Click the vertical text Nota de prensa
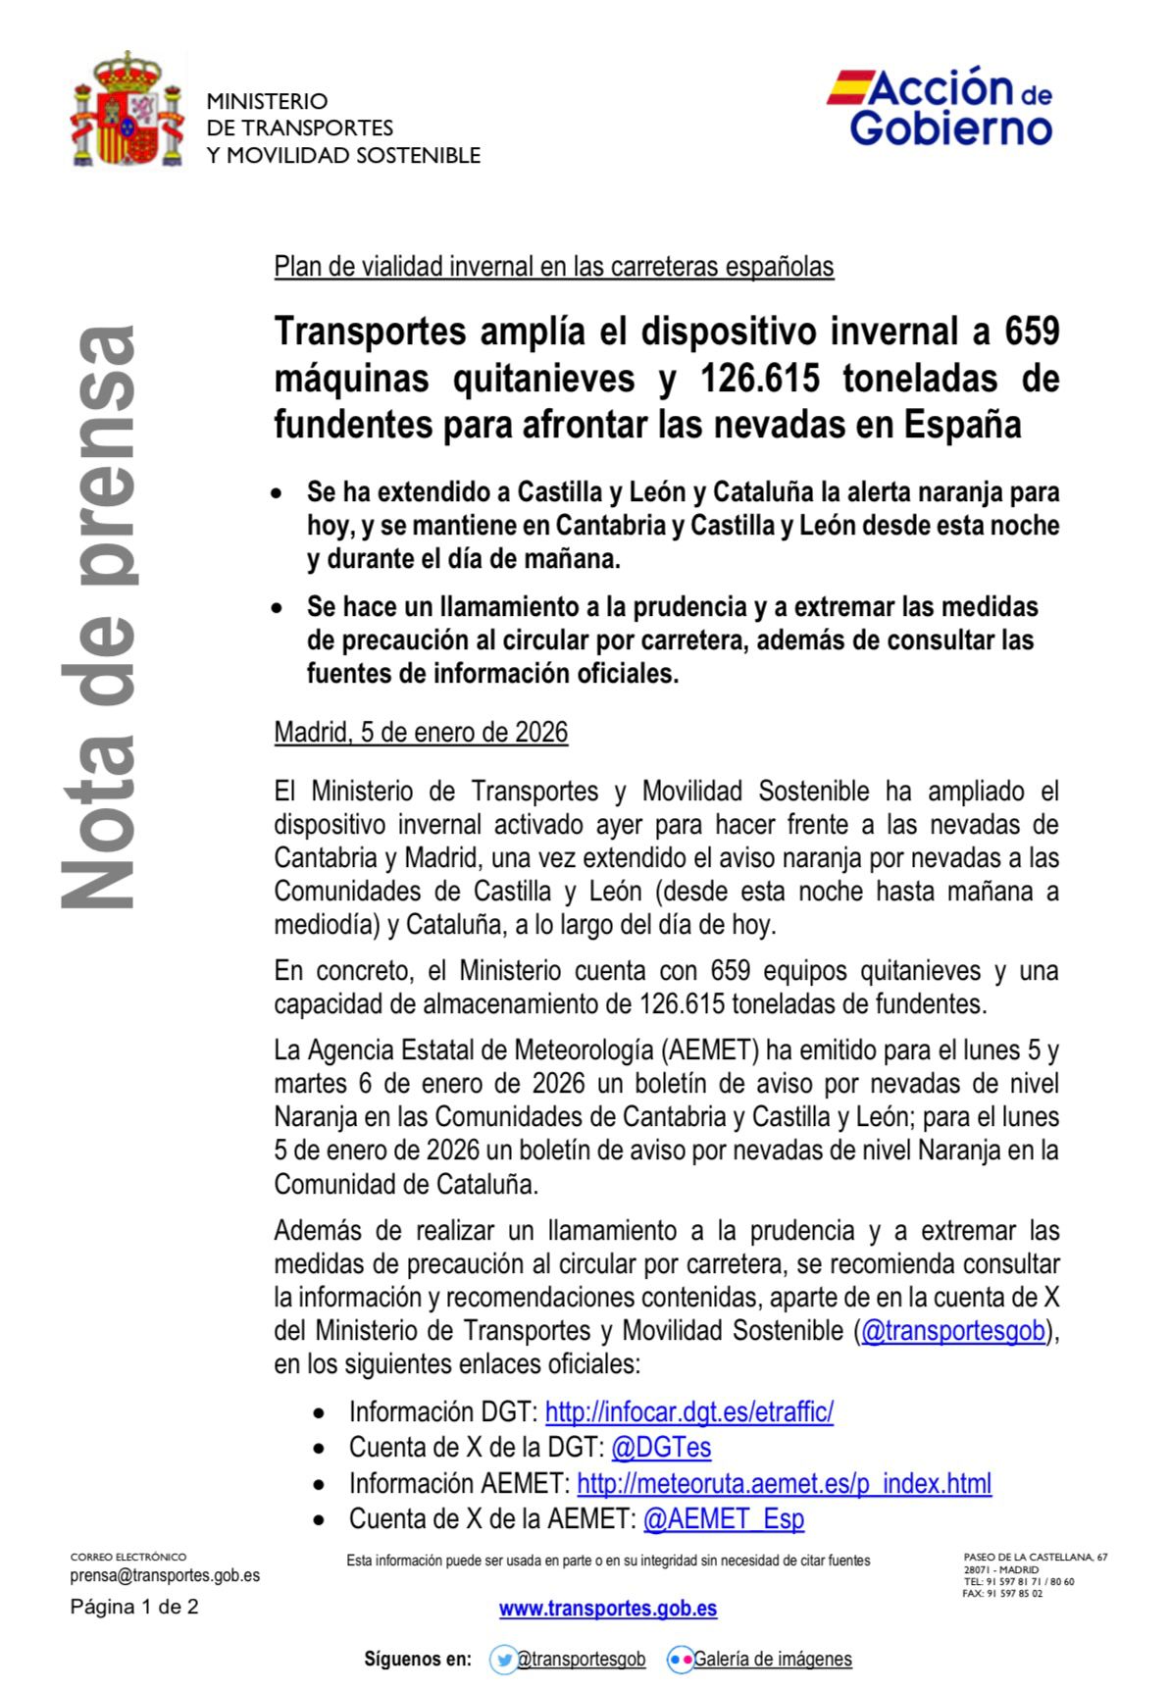(98, 618)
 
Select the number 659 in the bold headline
(1032, 333)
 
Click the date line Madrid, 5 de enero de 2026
(421, 733)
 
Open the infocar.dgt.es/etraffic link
(688, 1412)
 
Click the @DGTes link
(660, 1448)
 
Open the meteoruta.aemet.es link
(784, 1483)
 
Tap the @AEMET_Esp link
(723, 1519)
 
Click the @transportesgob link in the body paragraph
(952, 1331)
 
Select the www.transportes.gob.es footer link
(608, 1609)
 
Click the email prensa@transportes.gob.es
(165, 1575)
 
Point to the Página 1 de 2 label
(134, 1607)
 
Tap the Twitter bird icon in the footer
(504, 1660)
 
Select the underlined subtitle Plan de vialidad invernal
(554, 267)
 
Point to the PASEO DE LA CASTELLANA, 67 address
(1036, 1558)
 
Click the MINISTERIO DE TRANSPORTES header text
(343, 128)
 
